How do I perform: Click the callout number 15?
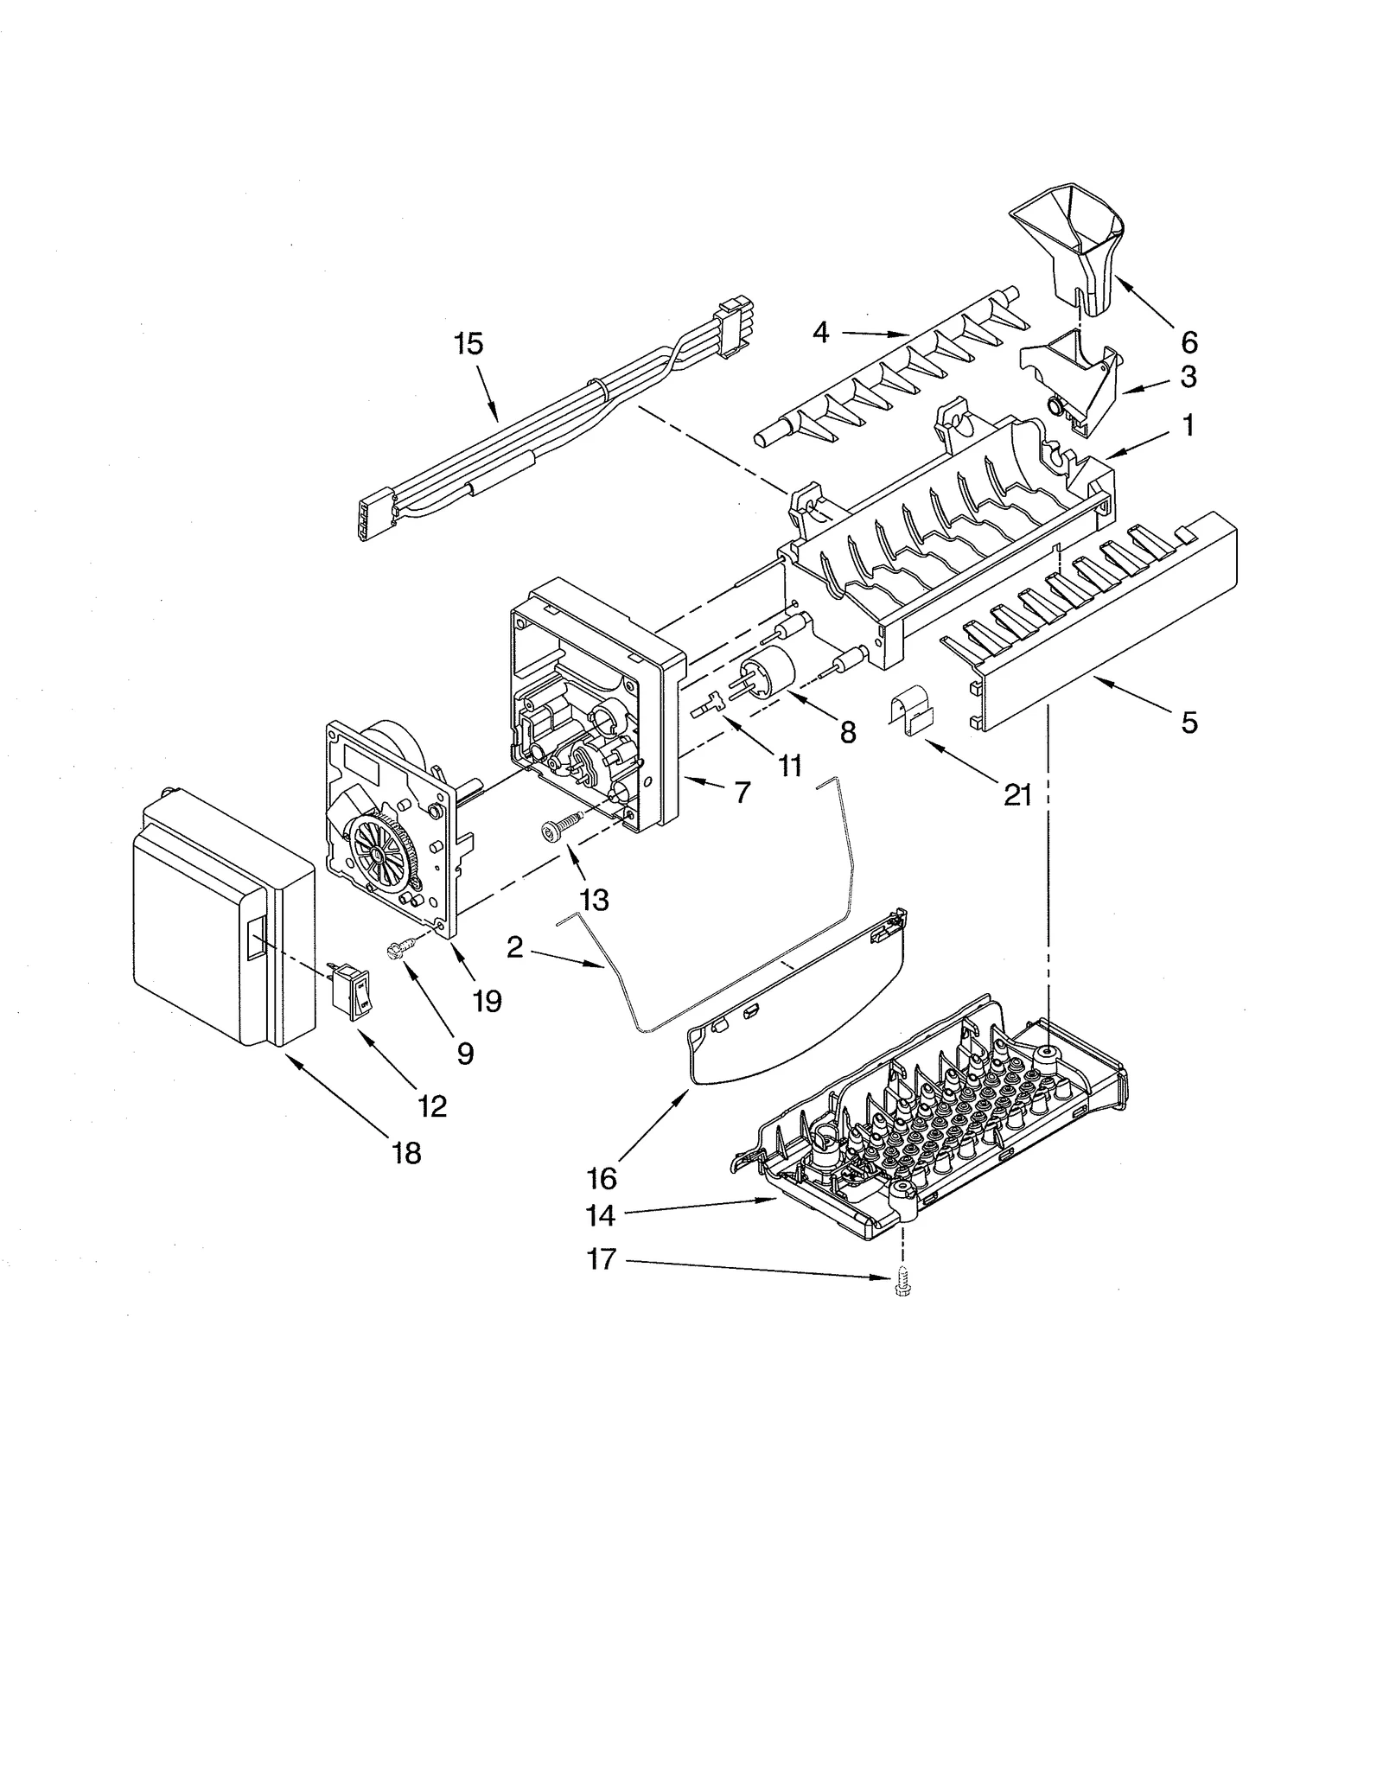click(468, 344)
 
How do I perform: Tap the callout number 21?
click(1017, 795)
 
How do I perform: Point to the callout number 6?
click(1189, 343)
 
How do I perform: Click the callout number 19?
click(488, 1001)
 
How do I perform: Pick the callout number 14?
click(601, 1216)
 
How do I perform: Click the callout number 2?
click(515, 948)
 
